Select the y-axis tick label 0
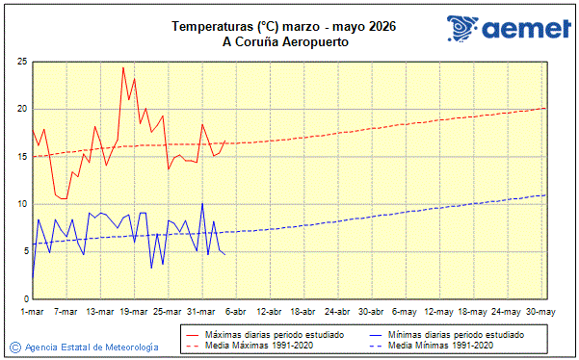coord(23,298)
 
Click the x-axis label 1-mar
coord(32,312)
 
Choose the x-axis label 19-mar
coord(134,312)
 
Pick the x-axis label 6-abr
coord(236,312)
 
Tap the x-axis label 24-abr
coord(338,312)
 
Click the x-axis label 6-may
coord(406,312)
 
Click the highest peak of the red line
coord(123,67)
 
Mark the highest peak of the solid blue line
coord(202,203)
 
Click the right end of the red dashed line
coord(546,108)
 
